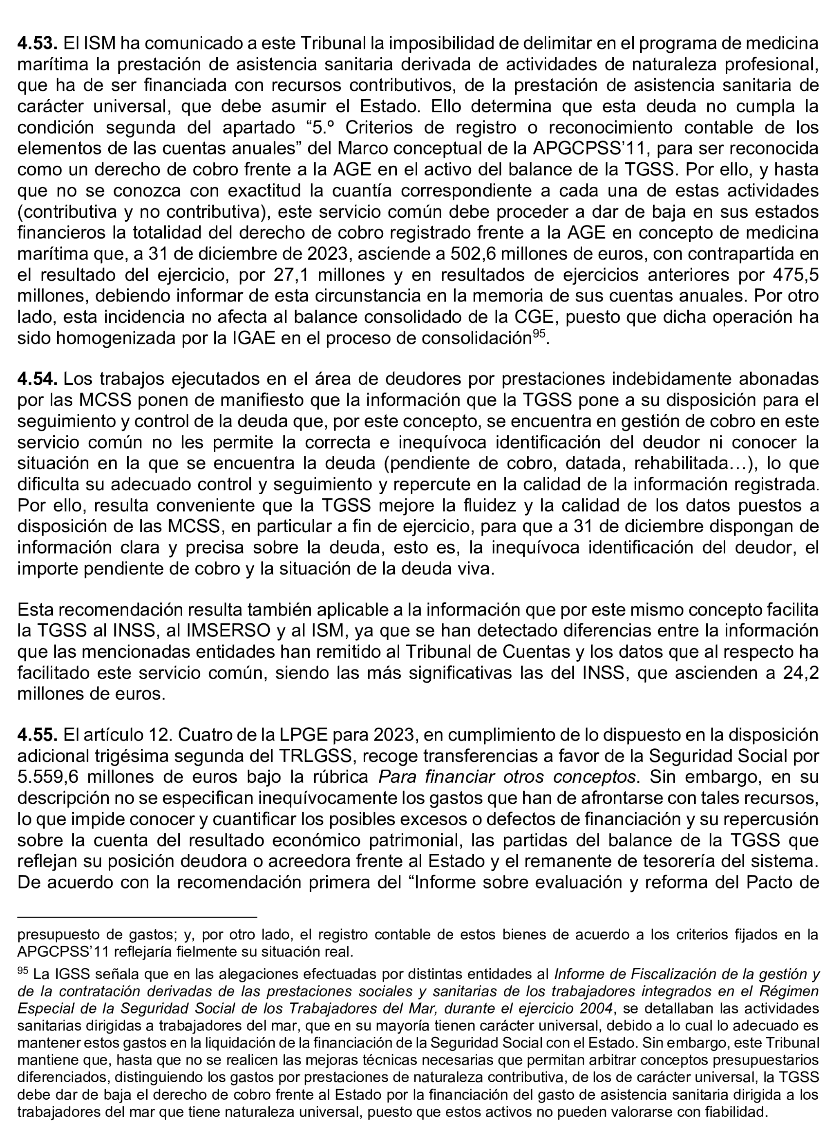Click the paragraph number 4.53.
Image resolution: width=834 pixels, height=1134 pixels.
click(37, 44)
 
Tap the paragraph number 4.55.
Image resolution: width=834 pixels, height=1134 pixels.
click(37, 735)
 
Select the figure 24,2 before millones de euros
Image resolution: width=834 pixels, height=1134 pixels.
click(800, 673)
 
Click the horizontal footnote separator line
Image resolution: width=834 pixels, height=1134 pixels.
click(137, 916)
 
